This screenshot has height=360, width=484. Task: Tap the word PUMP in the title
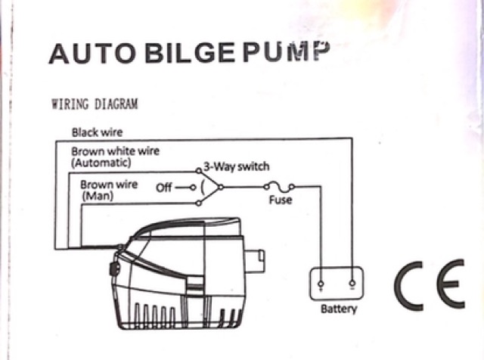[x=289, y=51]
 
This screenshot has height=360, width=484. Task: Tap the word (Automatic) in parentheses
[x=101, y=162]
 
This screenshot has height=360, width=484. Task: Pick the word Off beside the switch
[x=164, y=186]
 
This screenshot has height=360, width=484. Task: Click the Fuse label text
[x=281, y=201]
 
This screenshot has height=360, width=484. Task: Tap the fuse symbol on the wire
[x=281, y=188]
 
